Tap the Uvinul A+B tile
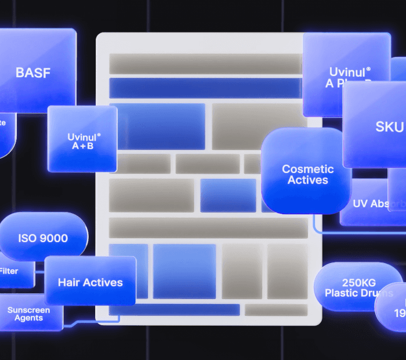(x=82, y=140)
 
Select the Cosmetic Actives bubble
(x=307, y=174)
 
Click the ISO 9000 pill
(x=43, y=238)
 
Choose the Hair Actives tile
(x=90, y=283)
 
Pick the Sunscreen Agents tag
(x=29, y=314)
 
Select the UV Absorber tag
(x=374, y=204)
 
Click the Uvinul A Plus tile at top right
(x=346, y=75)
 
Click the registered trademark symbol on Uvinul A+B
(x=99, y=135)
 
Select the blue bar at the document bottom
(x=174, y=309)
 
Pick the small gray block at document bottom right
(x=275, y=309)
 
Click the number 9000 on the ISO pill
(x=54, y=238)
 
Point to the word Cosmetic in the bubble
(x=307, y=169)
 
